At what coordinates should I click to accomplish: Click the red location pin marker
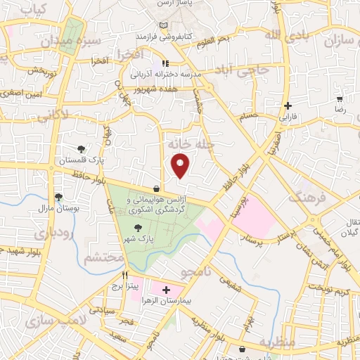[181, 165]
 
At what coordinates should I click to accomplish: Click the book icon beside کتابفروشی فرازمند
[164, 26]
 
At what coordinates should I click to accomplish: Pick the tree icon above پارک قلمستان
[82, 149]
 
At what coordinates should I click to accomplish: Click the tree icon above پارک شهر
[137, 228]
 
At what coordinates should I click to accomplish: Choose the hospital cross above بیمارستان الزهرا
[166, 289]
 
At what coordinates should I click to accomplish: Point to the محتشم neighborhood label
[103, 258]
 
